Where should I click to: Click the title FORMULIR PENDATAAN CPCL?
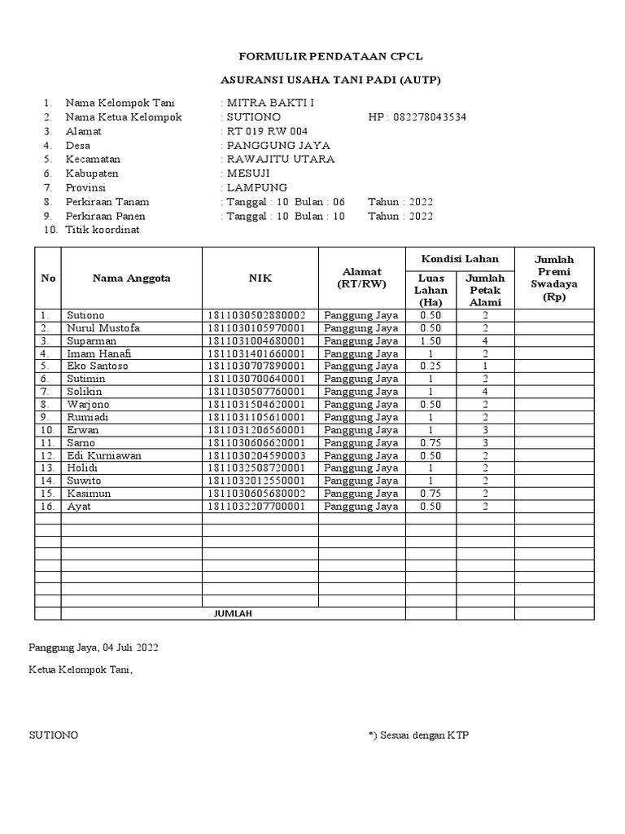(x=330, y=56)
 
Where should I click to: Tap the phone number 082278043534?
(x=429, y=116)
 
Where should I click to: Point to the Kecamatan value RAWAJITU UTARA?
(x=281, y=159)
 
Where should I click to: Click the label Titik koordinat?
(x=103, y=230)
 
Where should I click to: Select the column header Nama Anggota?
(x=131, y=278)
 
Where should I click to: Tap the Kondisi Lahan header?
(x=460, y=258)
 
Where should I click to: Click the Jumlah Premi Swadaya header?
(x=553, y=278)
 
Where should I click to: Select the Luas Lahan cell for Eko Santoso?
(x=431, y=366)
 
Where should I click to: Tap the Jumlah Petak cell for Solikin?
(x=484, y=391)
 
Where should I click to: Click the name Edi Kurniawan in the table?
(x=103, y=455)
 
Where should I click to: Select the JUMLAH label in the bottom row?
(x=233, y=613)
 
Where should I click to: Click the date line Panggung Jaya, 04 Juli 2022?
(x=94, y=648)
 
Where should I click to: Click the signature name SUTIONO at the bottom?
(x=54, y=735)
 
